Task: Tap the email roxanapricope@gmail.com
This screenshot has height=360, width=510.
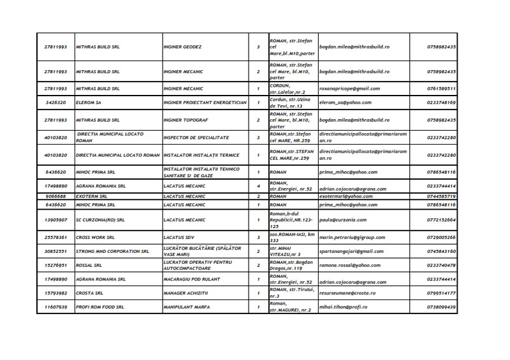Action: point(349,89)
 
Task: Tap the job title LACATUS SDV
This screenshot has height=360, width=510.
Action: point(180,236)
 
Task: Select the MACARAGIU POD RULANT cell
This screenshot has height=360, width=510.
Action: point(195,280)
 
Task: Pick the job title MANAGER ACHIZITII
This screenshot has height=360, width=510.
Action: point(190,294)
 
